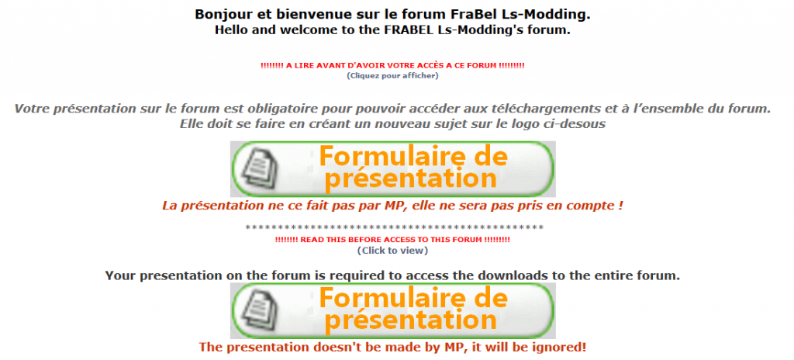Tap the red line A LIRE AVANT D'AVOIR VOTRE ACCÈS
pos(392,66)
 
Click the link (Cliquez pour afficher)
pos(392,76)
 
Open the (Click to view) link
pos(392,251)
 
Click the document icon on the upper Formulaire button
pos(259,170)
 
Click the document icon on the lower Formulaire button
pos(259,311)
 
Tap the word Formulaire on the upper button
pos(390,156)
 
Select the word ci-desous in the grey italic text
pos(578,123)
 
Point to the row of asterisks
pos(394,227)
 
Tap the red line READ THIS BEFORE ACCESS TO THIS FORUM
pos(392,240)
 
